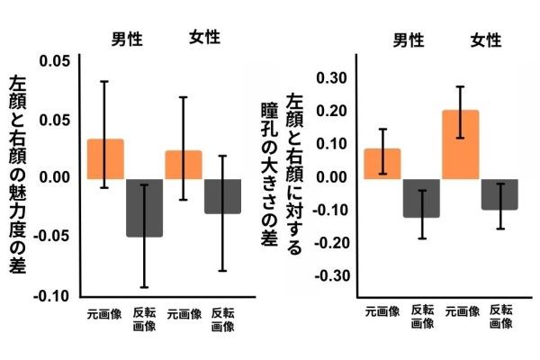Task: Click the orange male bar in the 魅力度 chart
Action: pos(105,158)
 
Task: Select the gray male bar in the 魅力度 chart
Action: pos(145,207)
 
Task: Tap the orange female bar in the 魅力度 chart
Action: pos(184,164)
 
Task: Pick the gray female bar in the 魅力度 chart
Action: pos(222,195)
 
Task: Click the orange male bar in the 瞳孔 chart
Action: pos(382,163)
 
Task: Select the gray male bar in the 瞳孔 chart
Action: pos(421,197)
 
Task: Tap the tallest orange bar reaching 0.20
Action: pos(461,144)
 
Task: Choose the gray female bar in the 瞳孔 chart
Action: pos(499,193)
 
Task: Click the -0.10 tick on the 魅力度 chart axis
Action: pos(51,296)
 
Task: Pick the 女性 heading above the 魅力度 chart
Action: pos(204,39)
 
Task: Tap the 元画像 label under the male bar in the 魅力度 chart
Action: pos(105,315)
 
